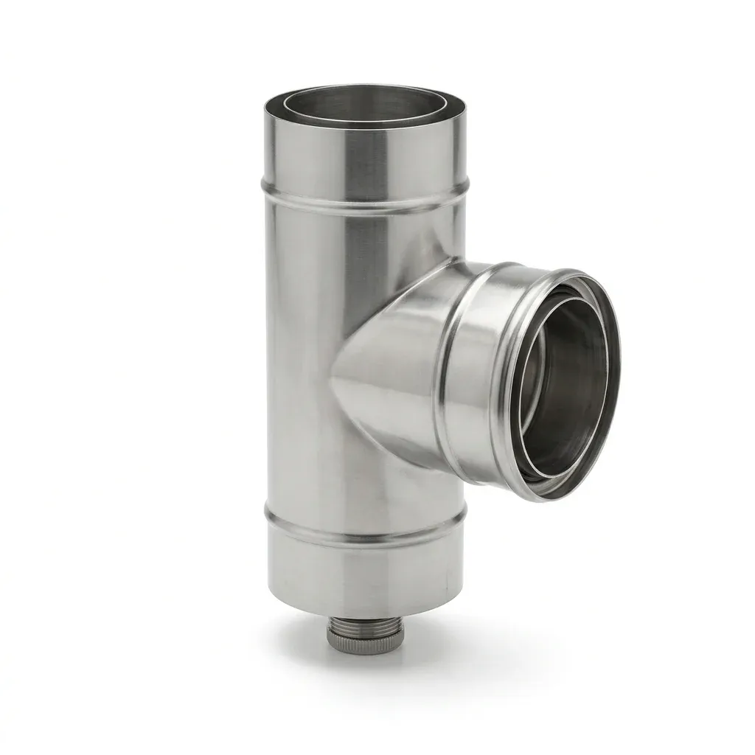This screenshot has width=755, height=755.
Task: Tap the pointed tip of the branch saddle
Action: [333, 380]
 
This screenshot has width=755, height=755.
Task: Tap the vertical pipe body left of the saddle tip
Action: [299, 380]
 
